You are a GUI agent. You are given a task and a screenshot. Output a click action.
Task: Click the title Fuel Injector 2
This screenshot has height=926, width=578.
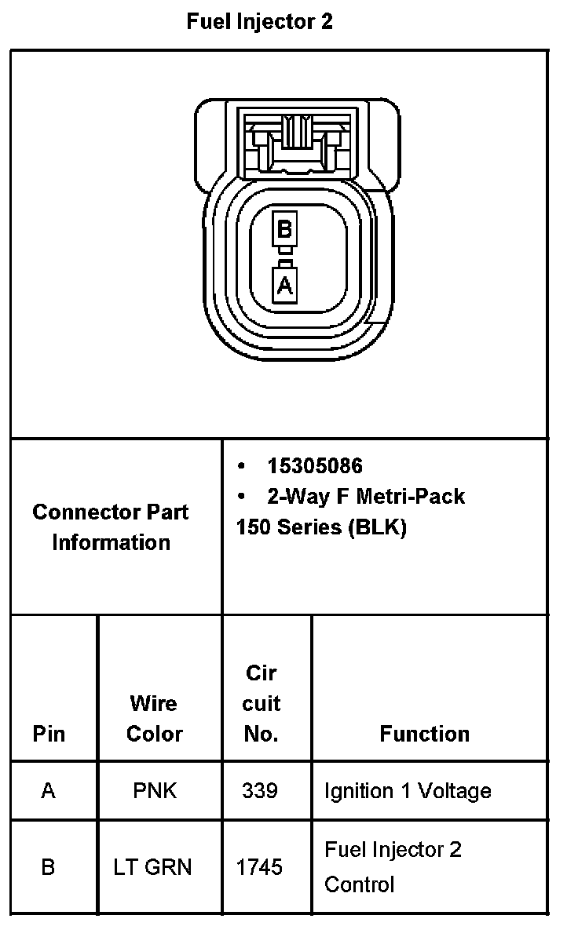(259, 22)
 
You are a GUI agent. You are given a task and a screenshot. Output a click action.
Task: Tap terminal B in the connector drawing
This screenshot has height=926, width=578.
(284, 229)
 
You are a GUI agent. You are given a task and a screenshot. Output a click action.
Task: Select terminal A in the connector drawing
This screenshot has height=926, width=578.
(284, 284)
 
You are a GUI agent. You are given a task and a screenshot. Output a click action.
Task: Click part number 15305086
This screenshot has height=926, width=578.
(314, 466)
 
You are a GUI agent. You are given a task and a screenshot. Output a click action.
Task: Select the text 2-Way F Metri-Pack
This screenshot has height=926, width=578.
(365, 496)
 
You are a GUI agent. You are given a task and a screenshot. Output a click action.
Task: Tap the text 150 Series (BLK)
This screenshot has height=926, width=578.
(320, 527)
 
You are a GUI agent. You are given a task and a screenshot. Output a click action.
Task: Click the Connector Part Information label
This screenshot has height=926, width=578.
(111, 527)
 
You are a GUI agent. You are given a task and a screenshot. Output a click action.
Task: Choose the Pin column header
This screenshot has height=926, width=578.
(49, 734)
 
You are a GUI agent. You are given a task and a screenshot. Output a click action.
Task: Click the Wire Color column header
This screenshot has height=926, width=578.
(154, 718)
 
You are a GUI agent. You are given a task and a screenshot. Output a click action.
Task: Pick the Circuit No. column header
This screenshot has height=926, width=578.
(262, 703)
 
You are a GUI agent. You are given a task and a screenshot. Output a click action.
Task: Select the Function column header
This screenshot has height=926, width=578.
(424, 734)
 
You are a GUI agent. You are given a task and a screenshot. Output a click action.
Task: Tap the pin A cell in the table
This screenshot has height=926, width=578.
(49, 790)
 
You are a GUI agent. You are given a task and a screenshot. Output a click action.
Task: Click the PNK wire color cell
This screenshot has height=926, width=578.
(155, 790)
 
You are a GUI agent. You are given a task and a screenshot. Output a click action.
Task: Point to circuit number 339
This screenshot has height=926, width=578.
(260, 790)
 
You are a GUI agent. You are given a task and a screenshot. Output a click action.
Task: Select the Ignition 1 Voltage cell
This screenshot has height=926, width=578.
(408, 790)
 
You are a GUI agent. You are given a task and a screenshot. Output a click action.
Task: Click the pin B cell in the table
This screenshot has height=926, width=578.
(49, 867)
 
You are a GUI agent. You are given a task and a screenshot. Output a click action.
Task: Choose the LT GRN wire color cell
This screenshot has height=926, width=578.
(153, 867)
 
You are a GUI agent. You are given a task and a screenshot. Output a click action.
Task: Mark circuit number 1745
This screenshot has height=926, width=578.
(260, 867)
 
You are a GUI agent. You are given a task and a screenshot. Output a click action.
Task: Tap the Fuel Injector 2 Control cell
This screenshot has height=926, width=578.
(393, 866)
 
